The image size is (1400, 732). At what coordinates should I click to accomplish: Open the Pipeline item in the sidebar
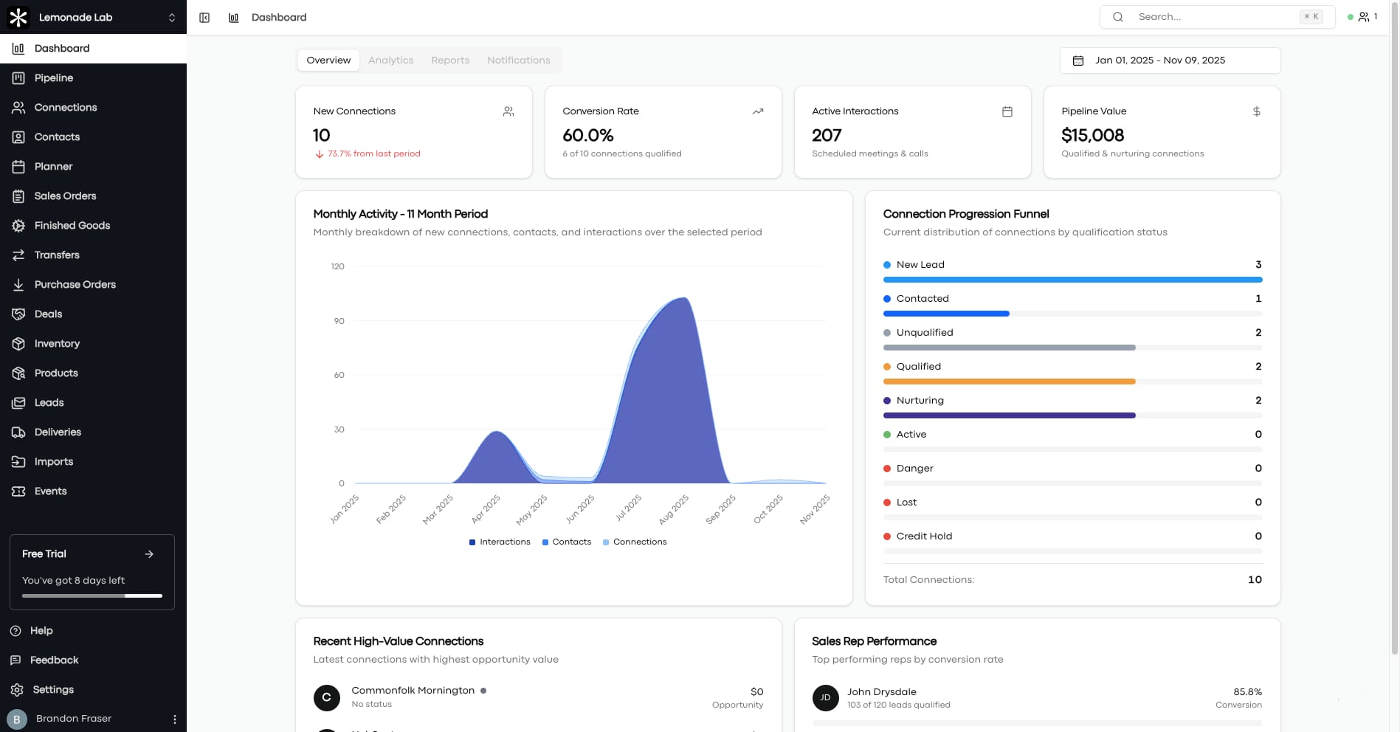point(53,77)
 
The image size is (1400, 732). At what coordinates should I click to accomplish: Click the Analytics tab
point(390,61)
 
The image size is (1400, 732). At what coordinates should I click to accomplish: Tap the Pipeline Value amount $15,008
point(1092,135)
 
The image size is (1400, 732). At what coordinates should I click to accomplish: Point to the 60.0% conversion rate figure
point(587,135)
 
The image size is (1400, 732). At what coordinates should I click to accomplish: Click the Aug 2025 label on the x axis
point(674,509)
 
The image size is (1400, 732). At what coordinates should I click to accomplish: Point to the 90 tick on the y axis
point(339,321)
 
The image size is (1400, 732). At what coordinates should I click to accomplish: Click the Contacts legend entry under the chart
point(567,542)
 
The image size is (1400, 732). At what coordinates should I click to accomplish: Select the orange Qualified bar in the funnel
point(1008,381)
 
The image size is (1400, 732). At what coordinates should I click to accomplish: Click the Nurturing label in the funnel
point(920,401)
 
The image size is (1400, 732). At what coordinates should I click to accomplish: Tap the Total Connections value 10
point(1254,580)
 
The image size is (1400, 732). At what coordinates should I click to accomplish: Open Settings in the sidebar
point(53,689)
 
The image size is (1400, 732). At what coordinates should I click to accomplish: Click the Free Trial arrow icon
point(149,554)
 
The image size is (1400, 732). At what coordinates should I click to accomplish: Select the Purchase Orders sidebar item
point(75,284)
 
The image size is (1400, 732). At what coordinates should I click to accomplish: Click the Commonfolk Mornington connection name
point(413,691)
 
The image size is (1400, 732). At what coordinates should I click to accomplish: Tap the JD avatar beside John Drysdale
point(825,697)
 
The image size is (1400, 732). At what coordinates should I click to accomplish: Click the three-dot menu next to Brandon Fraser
point(175,719)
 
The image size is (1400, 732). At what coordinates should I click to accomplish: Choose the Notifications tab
point(518,61)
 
